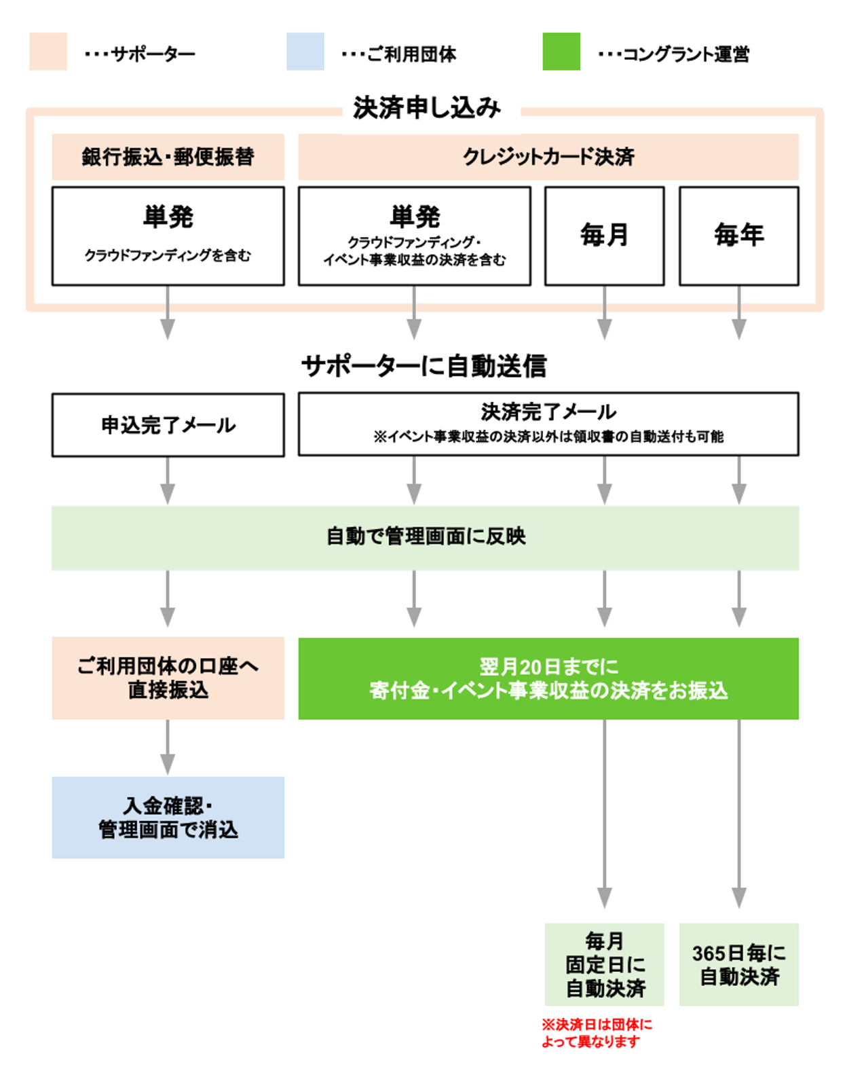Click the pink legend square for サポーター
pos(48,52)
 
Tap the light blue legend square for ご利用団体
pos(305,52)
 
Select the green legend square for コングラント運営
pos(561,52)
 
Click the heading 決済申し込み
pos(427,108)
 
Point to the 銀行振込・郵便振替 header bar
pos(168,157)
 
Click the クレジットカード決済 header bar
pos(548,157)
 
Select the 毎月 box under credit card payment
pos(604,236)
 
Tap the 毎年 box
pos(738,236)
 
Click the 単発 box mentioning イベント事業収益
pos(414,236)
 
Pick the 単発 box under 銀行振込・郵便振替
pos(168,236)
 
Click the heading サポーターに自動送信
pos(424,366)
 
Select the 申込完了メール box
pos(168,425)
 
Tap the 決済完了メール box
pos(548,424)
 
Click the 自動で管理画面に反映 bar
pos(426,537)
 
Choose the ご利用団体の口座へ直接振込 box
pos(168,678)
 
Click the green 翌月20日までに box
pos(548,678)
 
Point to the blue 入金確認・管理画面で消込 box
pos(168,818)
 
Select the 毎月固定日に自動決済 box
pos(604,964)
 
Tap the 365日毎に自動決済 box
pos(738,964)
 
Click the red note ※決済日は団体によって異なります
pos(596,1033)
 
